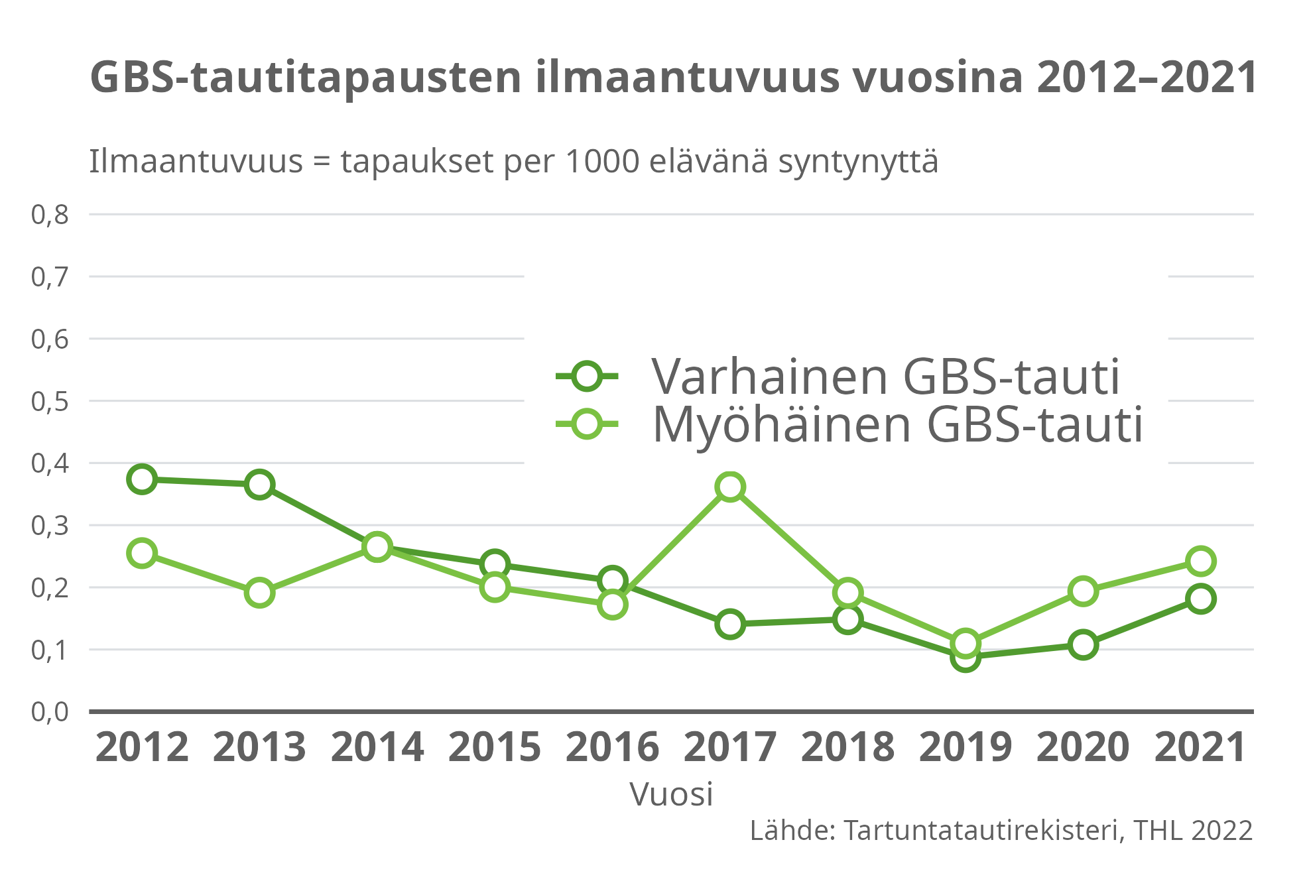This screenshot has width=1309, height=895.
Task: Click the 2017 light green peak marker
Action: click(729, 487)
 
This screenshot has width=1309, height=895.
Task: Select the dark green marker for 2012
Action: click(142, 479)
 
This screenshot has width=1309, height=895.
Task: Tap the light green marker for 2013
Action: click(259, 592)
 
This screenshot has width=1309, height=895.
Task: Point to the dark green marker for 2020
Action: click(1083, 644)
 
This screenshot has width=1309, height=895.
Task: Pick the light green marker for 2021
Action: click(1200, 561)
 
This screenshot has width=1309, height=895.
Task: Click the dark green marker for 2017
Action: click(729, 624)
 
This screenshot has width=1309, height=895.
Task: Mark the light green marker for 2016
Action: click(612, 604)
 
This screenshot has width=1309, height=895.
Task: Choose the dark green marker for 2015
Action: click(495, 564)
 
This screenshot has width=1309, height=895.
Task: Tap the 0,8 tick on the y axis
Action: click(50, 215)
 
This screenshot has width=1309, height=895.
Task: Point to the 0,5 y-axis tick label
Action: click(50, 401)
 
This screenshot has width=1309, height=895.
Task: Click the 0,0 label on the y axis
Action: click(50, 712)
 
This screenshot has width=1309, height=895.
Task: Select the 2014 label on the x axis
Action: click(377, 748)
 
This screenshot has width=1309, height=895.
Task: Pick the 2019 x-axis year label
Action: click(965, 748)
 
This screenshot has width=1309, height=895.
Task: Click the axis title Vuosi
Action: click(671, 794)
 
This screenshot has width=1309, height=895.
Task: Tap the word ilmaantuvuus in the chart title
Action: click(688, 78)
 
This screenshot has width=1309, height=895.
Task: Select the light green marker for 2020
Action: click(1083, 591)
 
